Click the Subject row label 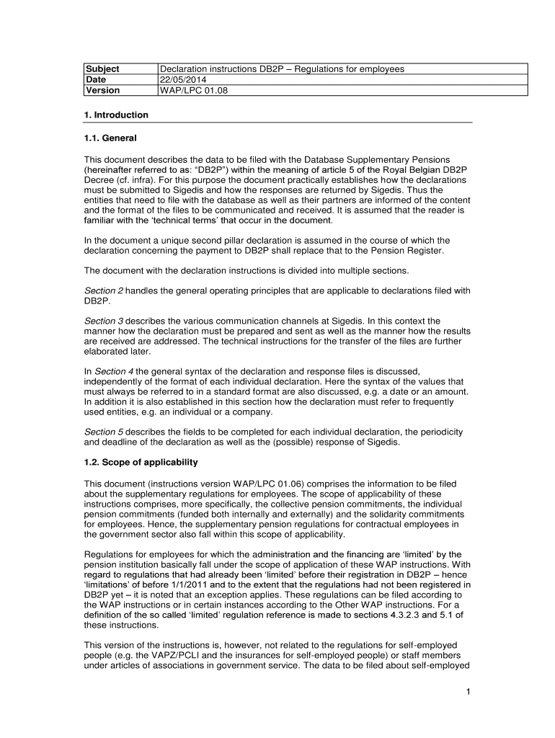pyautogui.click(x=103, y=69)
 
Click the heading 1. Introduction pyautogui.click(x=116, y=115)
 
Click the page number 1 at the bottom pyautogui.click(x=468, y=693)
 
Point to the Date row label pyautogui.click(x=96, y=80)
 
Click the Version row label pyautogui.click(x=102, y=91)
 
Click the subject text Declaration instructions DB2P pyautogui.click(x=227, y=69)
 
